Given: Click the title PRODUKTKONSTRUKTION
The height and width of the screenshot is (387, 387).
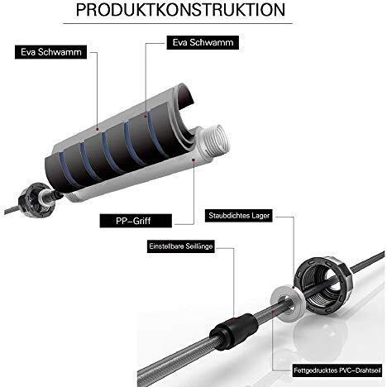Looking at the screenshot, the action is (180, 10).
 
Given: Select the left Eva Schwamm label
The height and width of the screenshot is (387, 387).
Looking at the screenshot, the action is (50, 52).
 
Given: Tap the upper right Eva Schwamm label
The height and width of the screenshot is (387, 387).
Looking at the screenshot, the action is (203, 42).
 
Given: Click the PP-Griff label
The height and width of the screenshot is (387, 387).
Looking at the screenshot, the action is (136, 221).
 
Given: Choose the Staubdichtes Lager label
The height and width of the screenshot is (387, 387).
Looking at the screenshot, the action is (239, 215).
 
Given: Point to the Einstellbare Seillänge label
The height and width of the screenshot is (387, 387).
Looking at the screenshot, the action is (181, 246).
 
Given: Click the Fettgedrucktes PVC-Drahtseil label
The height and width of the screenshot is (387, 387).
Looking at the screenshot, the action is (337, 370).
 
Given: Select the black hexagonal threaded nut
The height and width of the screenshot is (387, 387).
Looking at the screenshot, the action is (322, 284).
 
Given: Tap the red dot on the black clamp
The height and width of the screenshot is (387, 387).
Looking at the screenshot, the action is (234, 319).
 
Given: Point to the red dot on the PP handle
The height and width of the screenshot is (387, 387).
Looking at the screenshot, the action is (193, 159).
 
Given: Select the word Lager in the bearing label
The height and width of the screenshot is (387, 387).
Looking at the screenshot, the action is (260, 216).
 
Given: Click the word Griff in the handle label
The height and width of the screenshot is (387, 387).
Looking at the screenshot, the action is (142, 221).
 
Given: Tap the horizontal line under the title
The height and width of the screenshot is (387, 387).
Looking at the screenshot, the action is (178, 23).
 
